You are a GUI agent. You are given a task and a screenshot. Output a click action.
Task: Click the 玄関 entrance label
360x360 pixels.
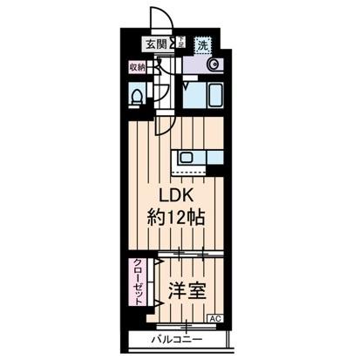[x=155, y=44]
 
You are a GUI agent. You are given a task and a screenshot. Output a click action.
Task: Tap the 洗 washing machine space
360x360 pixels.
[x=202, y=44]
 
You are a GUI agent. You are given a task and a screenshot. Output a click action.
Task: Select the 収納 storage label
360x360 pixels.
[x=137, y=67]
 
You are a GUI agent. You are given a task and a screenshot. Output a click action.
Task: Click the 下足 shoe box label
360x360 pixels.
[x=181, y=42]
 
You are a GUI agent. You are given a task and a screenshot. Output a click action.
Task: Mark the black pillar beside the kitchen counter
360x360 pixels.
[x=219, y=159]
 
